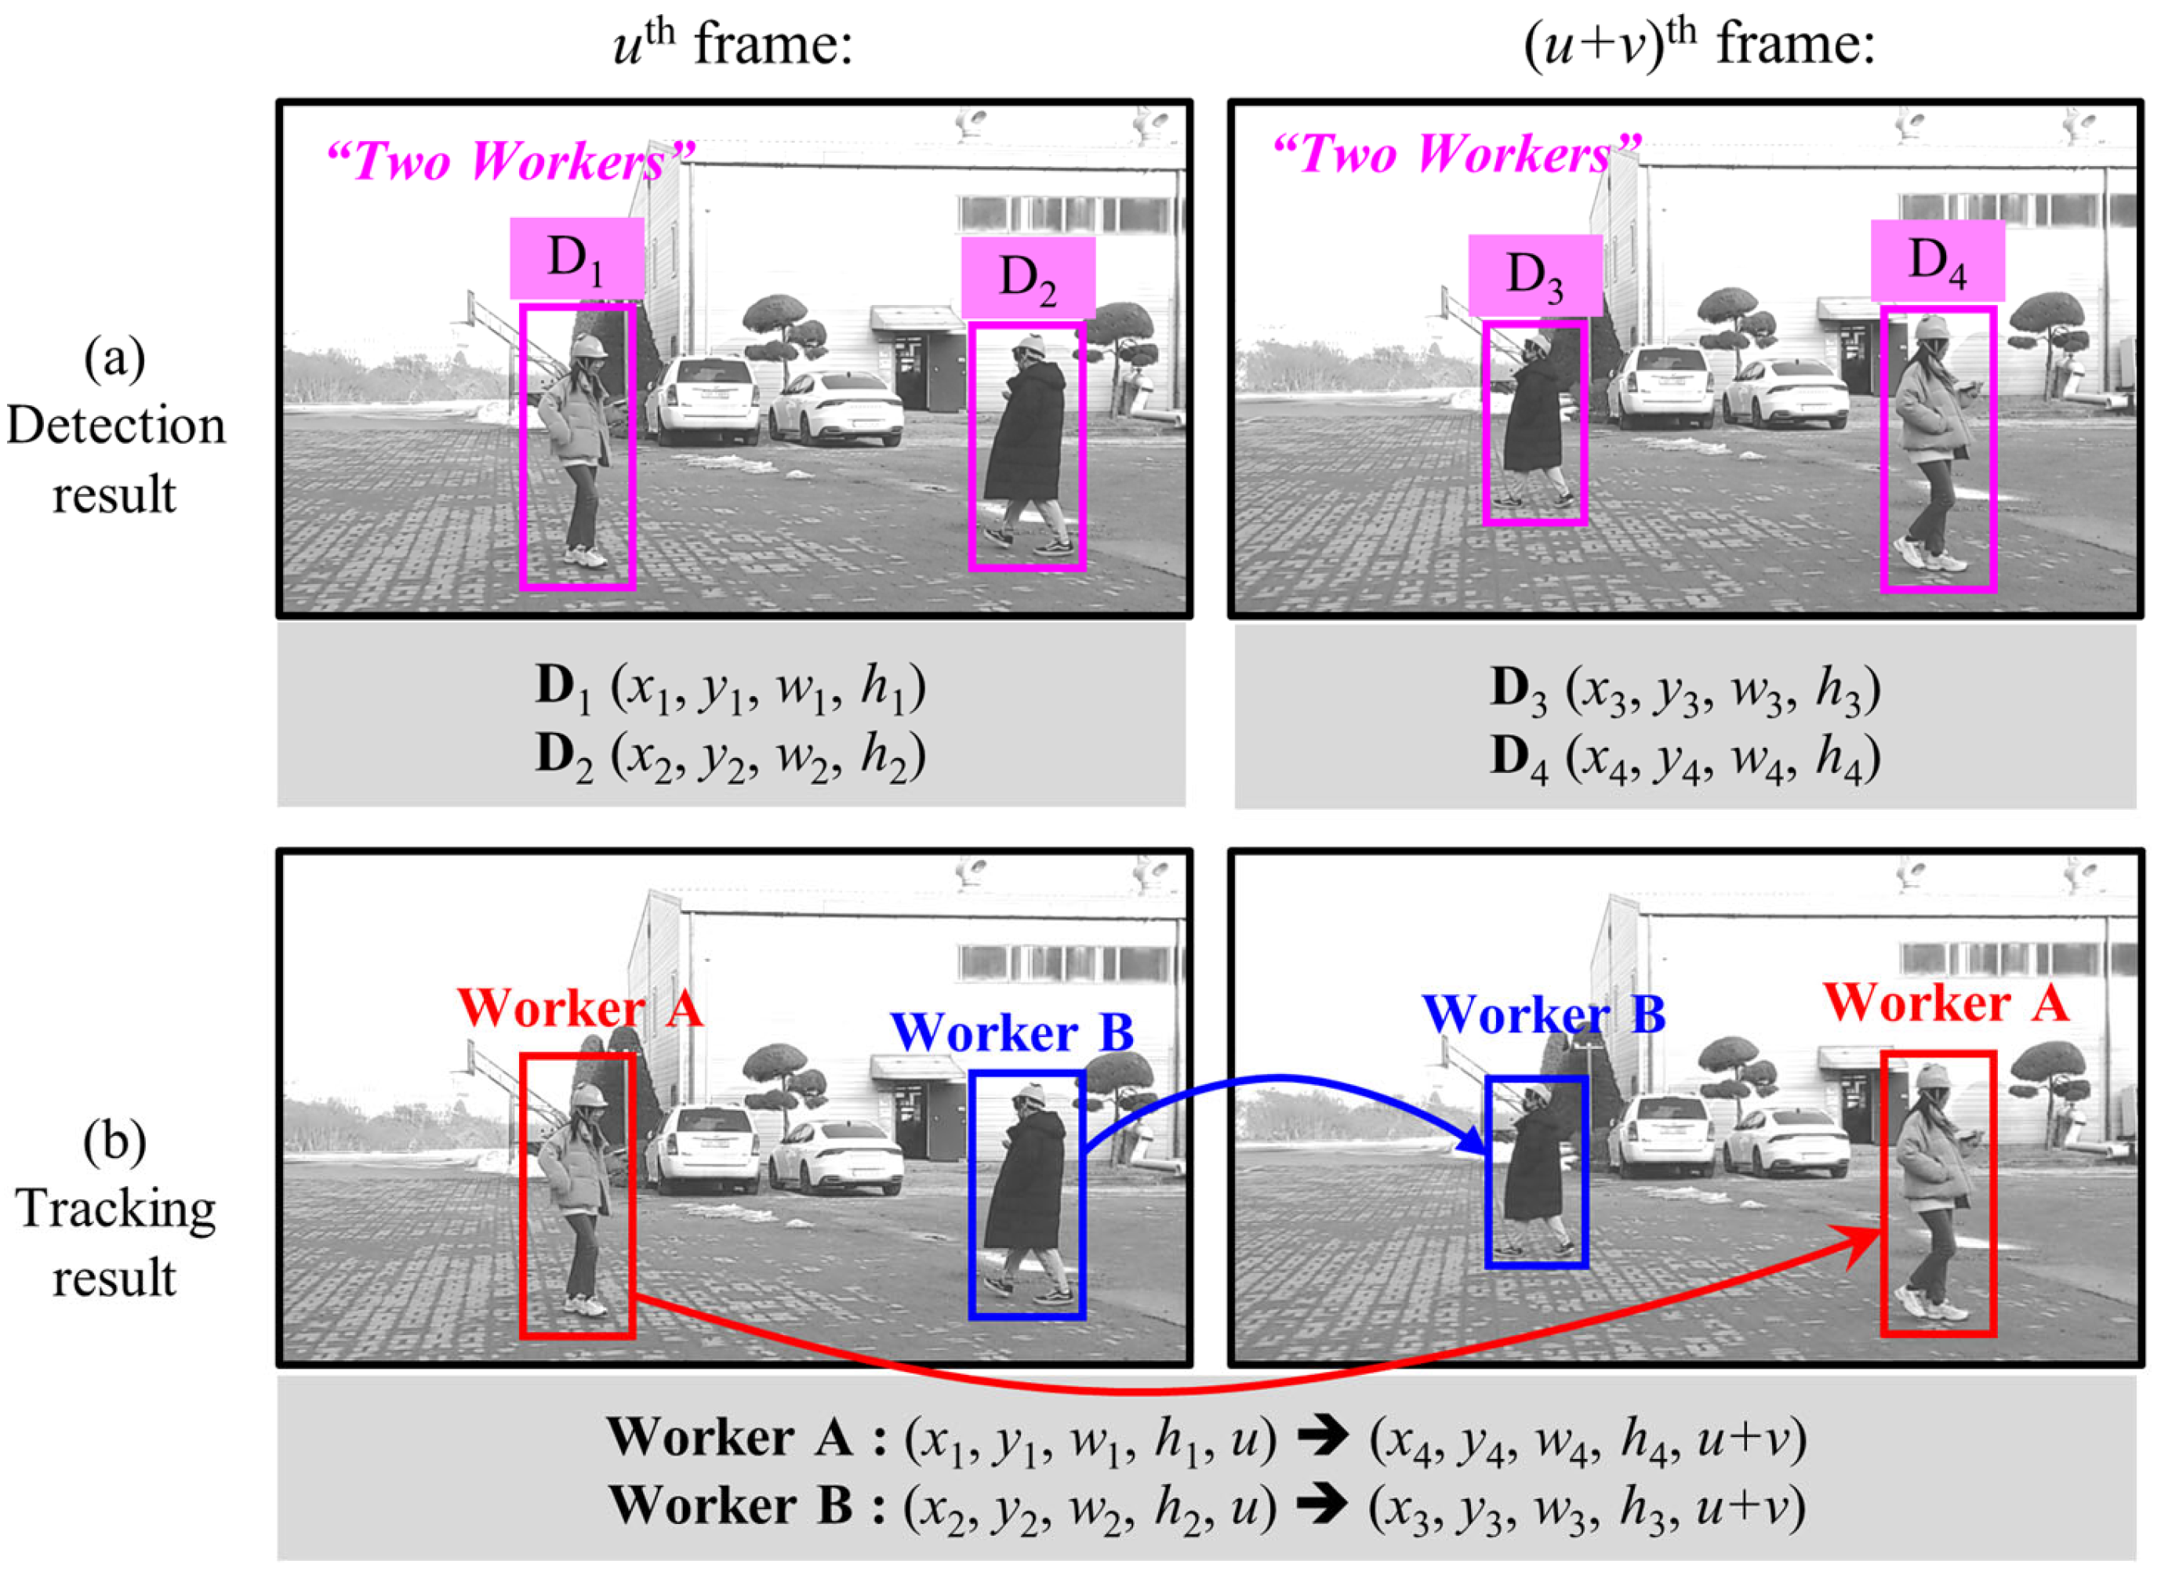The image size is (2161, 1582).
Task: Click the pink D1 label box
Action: [576, 259]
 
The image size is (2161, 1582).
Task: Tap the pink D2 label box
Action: [1028, 278]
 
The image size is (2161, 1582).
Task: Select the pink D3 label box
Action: [1534, 276]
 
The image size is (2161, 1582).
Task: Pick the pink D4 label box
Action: [1938, 260]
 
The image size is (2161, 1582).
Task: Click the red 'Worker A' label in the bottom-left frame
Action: [580, 1007]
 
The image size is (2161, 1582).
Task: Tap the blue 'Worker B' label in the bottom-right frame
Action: [1543, 1014]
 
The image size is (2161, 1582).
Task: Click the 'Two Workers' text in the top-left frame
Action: [510, 159]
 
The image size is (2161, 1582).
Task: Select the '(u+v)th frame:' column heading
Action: [1698, 44]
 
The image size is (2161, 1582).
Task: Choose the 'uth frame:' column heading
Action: [733, 44]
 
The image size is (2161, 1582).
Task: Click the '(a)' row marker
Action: [115, 358]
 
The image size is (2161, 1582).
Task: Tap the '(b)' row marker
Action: [115, 1141]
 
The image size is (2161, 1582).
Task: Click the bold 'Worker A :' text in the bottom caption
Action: [747, 1439]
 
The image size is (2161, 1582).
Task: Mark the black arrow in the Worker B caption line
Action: [1322, 1505]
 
